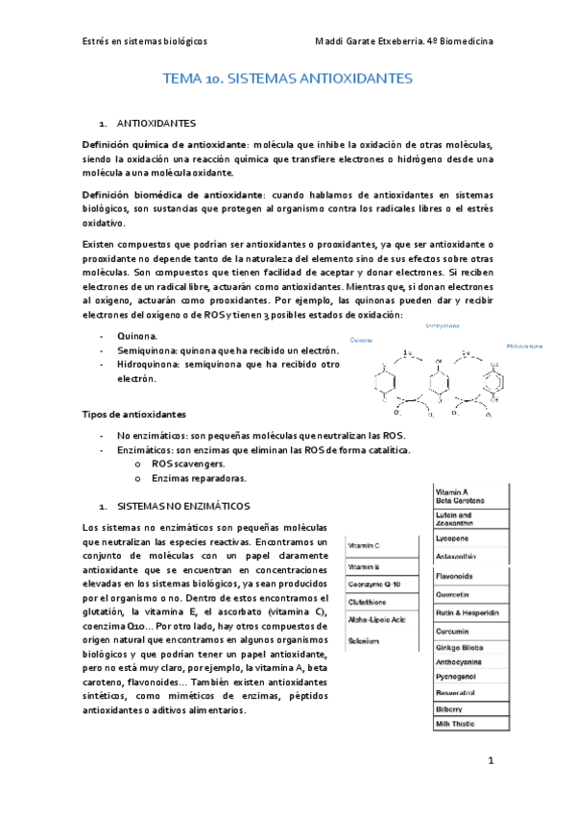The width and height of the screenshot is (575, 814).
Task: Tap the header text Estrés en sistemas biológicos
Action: click(x=143, y=41)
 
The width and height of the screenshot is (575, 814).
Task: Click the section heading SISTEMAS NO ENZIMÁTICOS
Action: click(x=182, y=505)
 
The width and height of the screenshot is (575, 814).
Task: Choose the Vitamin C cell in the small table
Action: click(x=366, y=545)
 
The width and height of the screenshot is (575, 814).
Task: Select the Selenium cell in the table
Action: click(x=365, y=640)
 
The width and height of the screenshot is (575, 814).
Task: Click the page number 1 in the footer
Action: click(x=490, y=761)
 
